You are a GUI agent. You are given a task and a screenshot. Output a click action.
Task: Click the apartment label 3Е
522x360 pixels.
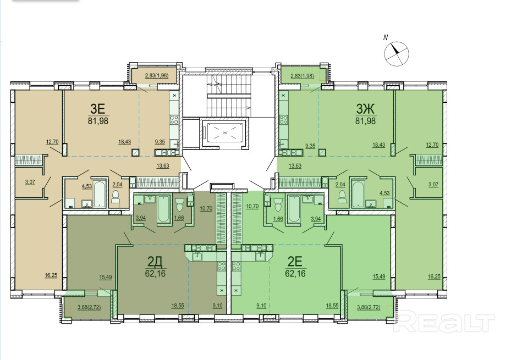click(98, 108)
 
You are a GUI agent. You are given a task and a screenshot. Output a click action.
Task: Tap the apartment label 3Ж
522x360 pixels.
click(366, 108)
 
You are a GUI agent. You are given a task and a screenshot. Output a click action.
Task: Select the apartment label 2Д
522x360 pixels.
click(155, 262)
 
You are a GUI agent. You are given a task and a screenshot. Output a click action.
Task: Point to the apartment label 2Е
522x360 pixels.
click(295, 262)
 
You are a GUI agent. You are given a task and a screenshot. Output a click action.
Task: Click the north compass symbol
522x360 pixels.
click(397, 53)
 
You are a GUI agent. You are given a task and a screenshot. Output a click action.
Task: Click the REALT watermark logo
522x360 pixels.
click(444, 322)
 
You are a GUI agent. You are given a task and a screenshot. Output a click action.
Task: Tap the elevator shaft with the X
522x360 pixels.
click(224, 132)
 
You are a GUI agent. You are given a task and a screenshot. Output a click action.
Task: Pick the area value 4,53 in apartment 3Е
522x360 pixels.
click(86, 186)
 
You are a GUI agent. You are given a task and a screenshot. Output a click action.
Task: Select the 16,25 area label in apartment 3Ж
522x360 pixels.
click(434, 276)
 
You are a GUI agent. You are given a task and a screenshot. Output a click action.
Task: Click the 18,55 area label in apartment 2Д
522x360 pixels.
click(178, 306)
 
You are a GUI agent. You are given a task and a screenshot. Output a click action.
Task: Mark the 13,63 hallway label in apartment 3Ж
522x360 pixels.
click(295, 165)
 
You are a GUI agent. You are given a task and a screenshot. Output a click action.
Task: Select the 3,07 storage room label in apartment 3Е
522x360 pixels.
click(30, 182)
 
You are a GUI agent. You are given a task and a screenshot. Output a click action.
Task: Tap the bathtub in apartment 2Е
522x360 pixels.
click(294, 209)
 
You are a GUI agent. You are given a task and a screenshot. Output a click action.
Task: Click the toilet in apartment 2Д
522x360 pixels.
click(179, 205)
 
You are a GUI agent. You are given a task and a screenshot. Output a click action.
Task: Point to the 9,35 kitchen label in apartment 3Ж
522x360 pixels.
click(310, 146)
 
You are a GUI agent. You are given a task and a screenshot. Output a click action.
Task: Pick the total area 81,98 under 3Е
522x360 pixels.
click(98, 121)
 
